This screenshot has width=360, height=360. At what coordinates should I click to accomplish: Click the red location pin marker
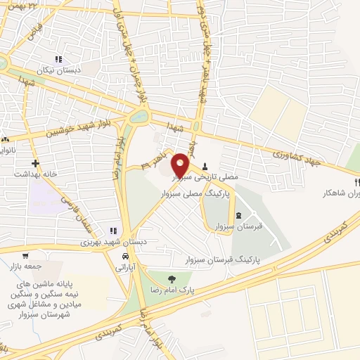point(181,165)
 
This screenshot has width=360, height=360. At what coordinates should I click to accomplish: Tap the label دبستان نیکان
point(60,71)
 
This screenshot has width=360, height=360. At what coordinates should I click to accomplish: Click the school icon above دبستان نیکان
point(59,59)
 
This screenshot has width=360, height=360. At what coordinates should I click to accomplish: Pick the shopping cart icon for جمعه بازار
point(26,256)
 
